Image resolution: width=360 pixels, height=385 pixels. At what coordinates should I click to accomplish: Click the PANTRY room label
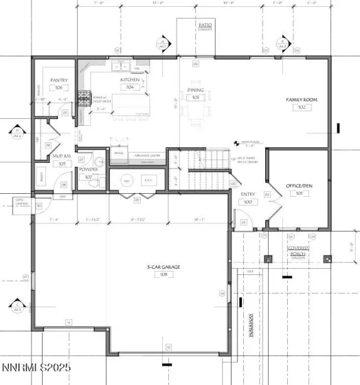[58, 80]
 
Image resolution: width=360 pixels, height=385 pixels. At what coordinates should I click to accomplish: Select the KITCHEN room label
[130, 80]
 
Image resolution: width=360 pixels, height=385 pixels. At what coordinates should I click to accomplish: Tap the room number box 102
[300, 107]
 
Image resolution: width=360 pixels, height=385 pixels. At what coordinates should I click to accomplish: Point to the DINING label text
[194, 90]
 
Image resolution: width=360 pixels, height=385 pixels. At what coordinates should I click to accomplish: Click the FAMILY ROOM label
[300, 100]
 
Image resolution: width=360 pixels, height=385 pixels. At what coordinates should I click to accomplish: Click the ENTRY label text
[248, 195]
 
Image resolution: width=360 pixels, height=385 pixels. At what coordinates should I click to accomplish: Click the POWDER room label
[89, 169]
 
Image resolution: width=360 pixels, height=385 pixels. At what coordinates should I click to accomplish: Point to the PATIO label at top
[205, 25]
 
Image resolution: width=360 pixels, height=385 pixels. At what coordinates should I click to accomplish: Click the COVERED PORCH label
[297, 249]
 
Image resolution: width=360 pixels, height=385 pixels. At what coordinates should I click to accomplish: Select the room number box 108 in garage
[164, 274]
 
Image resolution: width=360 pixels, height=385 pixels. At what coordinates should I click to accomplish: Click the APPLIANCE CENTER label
[142, 155]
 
